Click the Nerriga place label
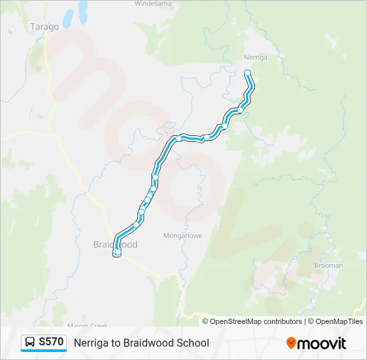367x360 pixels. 256,57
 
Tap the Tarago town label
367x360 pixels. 45,27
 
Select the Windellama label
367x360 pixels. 153,3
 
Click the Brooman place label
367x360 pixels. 328,265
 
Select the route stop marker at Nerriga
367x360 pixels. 248,73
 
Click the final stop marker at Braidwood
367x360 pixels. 117,253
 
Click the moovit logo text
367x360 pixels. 322,343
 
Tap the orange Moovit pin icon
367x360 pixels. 291,343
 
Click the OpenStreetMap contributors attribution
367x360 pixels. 256,321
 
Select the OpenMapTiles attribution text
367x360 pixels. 340,321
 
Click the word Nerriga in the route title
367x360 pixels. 91,343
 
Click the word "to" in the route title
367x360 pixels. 116,343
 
